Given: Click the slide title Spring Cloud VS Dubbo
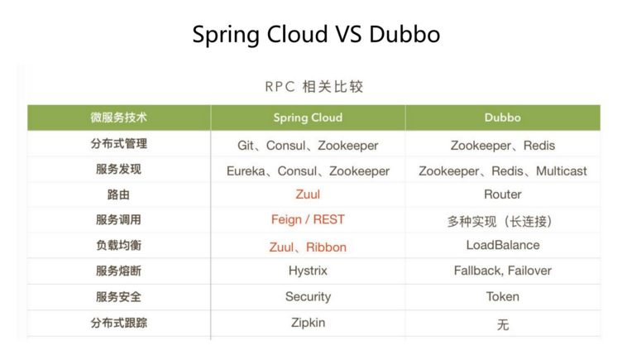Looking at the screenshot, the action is tap(316, 35).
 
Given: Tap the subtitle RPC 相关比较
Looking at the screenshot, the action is tap(313, 87).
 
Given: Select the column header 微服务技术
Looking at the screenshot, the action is tap(119, 118).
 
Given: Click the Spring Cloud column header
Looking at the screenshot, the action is tap(308, 118).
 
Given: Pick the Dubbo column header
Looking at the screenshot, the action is tap(503, 118).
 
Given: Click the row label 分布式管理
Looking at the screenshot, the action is tap(119, 144).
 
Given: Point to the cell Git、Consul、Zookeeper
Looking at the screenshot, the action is tap(308, 146).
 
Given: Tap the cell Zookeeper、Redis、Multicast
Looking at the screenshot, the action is tap(503, 171).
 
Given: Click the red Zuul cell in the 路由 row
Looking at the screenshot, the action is tap(308, 194).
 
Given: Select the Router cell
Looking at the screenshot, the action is tap(503, 194).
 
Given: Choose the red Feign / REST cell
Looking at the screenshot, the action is tap(308, 219).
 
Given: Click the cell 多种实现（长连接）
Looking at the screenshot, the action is tap(500, 221).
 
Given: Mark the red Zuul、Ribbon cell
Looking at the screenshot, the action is tap(308, 247).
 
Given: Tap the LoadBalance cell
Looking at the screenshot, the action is tap(503, 245).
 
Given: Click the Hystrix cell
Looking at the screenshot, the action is tap(308, 271).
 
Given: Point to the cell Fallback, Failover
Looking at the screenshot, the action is tap(503, 271).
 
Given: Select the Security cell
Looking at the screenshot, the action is tap(308, 297).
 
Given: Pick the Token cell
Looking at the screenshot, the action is tap(503, 296).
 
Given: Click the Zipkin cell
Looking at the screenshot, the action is tap(308, 323).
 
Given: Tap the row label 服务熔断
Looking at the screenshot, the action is tap(119, 271).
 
